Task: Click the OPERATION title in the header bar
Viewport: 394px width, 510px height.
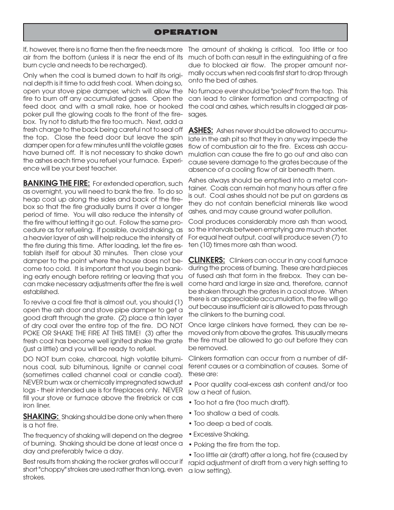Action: pos(185,32)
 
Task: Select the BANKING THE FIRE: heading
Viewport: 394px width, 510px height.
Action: pos(56,183)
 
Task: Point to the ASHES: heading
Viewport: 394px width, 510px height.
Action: pos(201,130)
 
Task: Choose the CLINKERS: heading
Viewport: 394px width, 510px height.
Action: pos(206,260)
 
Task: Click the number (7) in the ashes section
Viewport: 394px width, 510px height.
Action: pos(335,237)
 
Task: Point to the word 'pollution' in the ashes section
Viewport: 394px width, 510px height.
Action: pos(316,211)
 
